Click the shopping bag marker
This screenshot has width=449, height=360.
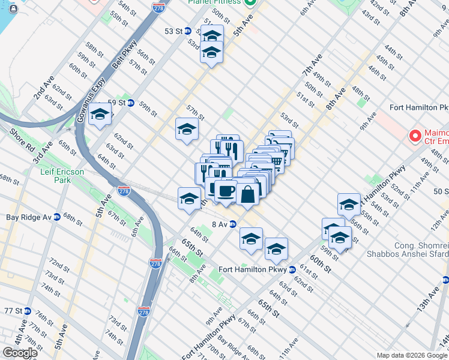point(247,193)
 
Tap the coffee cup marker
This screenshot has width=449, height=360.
point(225,191)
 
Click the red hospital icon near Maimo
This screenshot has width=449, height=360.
point(414,136)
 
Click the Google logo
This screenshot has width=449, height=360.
point(19,353)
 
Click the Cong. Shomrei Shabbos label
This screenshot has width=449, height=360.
point(420,251)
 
